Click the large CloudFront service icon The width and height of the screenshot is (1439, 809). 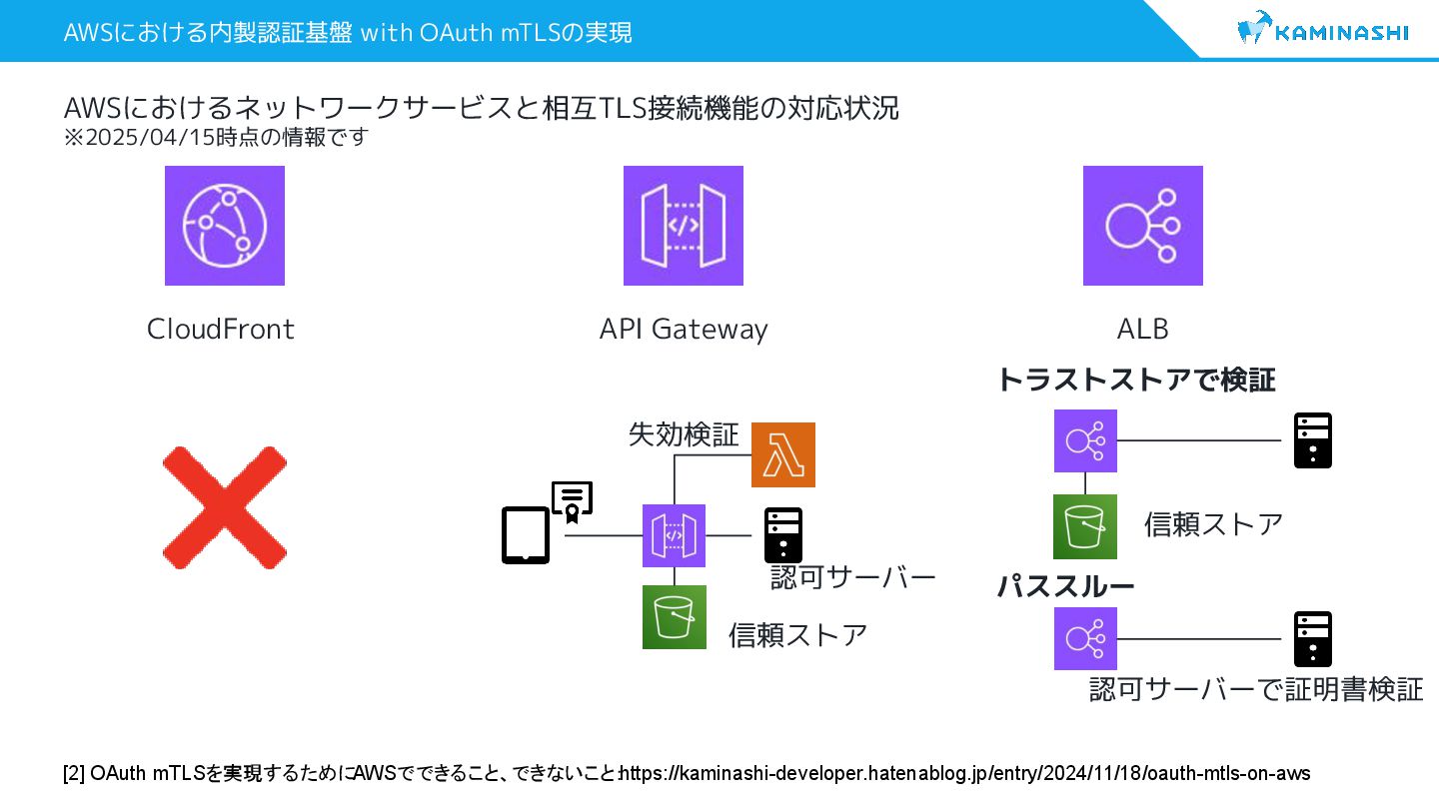[x=225, y=226]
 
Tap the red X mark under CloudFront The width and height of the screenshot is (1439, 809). [x=225, y=507]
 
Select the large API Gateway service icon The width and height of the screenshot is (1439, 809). [x=684, y=226]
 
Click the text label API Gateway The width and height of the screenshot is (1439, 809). [x=684, y=329]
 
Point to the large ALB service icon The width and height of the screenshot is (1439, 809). [x=1143, y=226]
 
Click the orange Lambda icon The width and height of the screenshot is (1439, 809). [x=783, y=455]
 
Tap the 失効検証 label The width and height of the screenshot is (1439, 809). [x=684, y=434]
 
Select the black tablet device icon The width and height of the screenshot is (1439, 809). [x=526, y=536]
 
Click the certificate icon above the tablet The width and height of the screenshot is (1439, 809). [x=573, y=502]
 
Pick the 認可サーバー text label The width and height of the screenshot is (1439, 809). [x=852, y=577]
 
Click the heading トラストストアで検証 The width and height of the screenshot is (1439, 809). [x=1136, y=380]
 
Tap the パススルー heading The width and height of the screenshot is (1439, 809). [x=1065, y=586]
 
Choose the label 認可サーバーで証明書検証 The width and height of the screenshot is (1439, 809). [x=1256, y=689]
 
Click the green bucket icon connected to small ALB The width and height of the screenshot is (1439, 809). [x=1085, y=526]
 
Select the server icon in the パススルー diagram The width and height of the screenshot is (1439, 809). [x=1313, y=639]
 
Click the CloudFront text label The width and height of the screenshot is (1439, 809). [x=221, y=329]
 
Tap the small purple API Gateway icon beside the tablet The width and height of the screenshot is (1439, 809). [x=674, y=536]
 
